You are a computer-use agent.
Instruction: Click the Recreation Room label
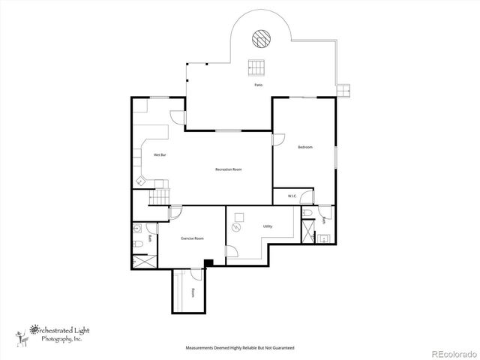pyautogui.click(x=227, y=169)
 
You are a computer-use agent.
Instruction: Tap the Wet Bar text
pyautogui.click(x=160, y=154)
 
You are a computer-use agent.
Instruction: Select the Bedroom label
pyautogui.click(x=304, y=147)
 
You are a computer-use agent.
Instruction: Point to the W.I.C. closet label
pyautogui.click(x=292, y=196)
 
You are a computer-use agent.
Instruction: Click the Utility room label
pyautogui.click(x=268, y=226)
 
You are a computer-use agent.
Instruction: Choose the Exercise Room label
pyautogui.click(x=192, y=238)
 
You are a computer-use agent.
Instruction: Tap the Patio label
pyautogui.click(x=258, y=85)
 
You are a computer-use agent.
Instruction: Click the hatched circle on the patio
pyautogui.click(x=260, y=37)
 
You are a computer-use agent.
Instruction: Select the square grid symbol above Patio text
pyautogui.click(x=257, y=67)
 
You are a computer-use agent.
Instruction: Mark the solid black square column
pyautogui.click(x=208, y=262)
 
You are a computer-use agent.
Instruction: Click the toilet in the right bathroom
pyautogui.click(x=309, y=214)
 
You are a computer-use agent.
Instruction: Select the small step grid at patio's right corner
pyautogui.click(x=343, y=89)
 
